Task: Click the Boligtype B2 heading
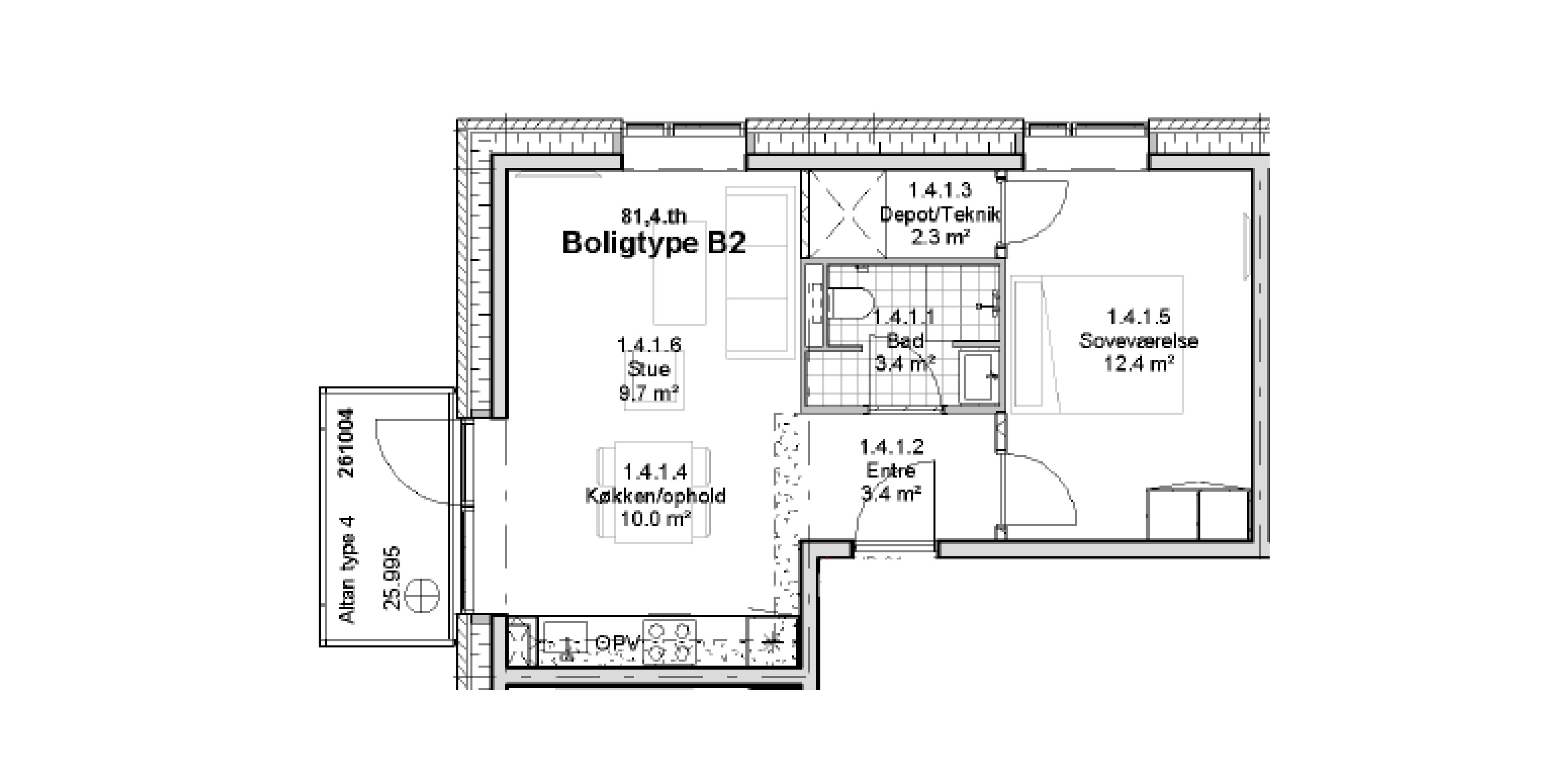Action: [x=654, y=243]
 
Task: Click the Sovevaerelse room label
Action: [x=1139, y=341]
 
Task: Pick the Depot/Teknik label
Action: [x=939, y=214]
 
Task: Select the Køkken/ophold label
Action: [x=655, y=496]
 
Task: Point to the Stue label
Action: [x=648, y=369]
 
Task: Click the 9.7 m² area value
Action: [x=648, y=393]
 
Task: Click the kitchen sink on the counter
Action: [x=565, y=642]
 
